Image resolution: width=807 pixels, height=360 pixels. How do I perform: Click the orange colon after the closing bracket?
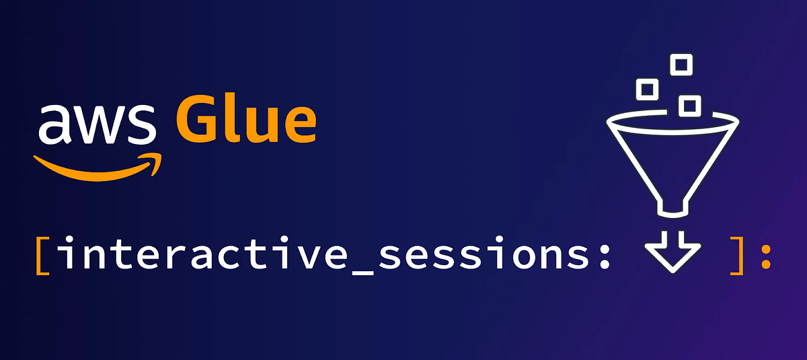(765, 258)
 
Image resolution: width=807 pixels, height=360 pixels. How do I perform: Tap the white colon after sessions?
(603, 258)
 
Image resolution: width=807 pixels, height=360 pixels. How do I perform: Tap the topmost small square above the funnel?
(681, 65)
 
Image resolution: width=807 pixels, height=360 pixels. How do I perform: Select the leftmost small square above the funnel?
(648, 88)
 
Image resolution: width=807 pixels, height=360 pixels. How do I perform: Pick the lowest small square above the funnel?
(689, 105)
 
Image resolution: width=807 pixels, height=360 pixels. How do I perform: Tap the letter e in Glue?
(297, 125)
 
